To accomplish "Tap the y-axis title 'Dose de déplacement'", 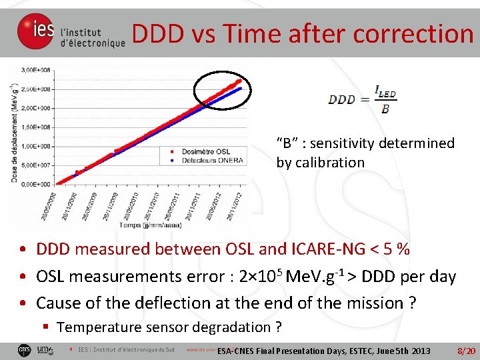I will [14, 133].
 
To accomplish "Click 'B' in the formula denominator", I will [385, 108].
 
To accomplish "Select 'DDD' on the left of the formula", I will [341, 99].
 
